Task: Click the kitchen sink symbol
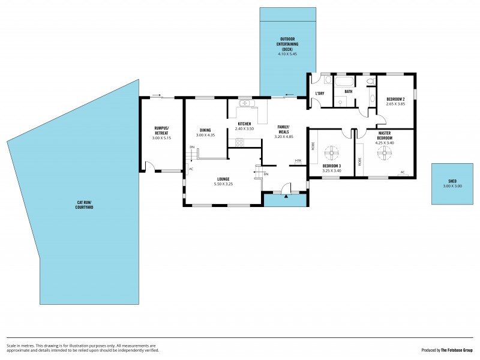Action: (245, 104)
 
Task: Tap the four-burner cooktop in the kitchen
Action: (239, 142)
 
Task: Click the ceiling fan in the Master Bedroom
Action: (382, 153)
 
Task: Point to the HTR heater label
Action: (298, 161)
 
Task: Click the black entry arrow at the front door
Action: (287, 195)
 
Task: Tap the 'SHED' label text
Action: (452, 181)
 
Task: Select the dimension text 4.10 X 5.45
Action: (287, 54)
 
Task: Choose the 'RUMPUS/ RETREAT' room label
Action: (161, 130)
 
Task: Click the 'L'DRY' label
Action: (320, 94)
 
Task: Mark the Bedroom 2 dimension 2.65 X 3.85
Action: (395, 104)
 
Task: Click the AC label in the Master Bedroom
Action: (403, 172)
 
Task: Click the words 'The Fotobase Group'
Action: (457, 350)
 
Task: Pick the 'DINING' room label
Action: (205, 130)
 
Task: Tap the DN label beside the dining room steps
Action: (192, 147)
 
